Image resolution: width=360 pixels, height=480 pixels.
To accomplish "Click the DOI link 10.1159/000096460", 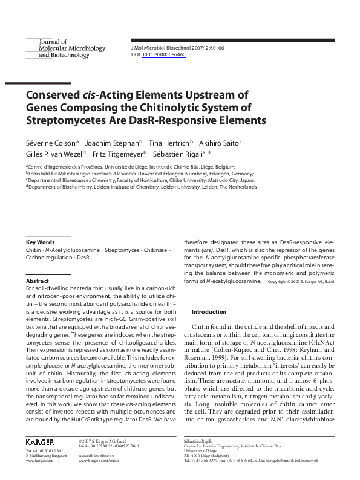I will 164,54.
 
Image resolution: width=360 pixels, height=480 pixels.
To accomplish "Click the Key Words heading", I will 40,242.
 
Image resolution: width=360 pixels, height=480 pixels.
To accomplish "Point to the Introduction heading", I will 208,312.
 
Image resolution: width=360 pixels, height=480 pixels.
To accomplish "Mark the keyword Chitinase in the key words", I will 153,249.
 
